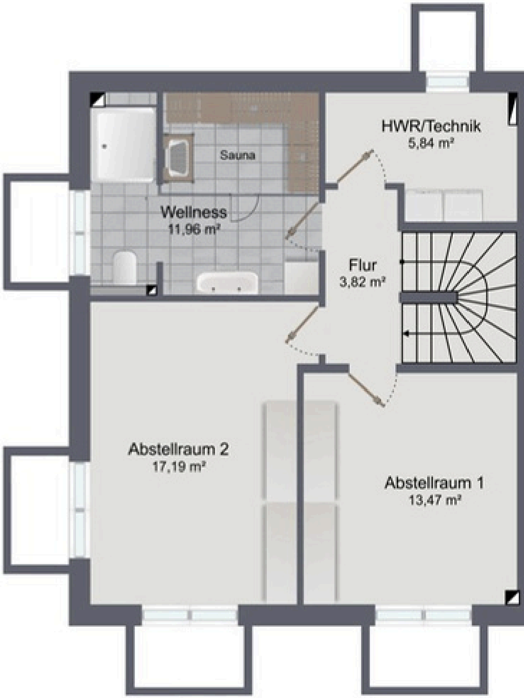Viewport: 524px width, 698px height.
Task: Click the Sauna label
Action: (x=237, y=155)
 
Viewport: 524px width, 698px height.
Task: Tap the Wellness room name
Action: (x=194, y=212)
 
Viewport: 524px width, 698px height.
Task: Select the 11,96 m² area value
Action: (x=195, y=229)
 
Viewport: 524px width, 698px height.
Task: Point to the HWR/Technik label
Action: (x=431, y=127)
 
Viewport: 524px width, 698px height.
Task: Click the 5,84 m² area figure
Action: (x=431, y=143)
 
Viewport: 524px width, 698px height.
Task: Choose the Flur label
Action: (x=363, y=265)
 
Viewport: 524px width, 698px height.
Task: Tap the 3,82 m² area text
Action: (x=363, y=282)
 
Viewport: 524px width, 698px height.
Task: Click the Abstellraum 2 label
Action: (x=178, y=450)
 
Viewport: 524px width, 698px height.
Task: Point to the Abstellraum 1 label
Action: (x=434, y=483)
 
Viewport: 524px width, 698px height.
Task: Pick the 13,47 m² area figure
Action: (x=435, y=500)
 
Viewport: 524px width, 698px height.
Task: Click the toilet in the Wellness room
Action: (x=125, y=267)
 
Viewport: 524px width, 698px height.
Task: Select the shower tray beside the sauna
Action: (x=125, y=145)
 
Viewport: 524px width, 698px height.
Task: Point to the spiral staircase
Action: (x=458, y=298)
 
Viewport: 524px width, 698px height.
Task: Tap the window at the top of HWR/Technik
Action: (x=448, y=82)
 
